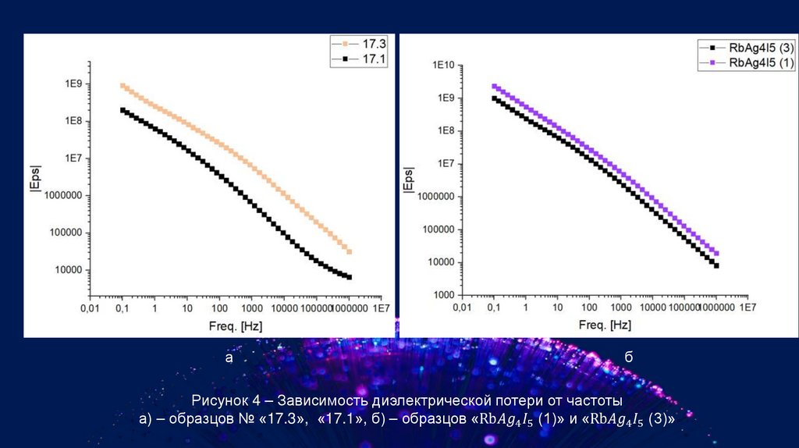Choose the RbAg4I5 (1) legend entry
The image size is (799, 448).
(x=761, y=63)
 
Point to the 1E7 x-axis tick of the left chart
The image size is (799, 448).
(x=380, y=308)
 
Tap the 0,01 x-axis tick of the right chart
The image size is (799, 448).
(x=462, y=308)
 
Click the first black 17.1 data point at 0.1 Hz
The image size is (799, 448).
(x=123, y=110)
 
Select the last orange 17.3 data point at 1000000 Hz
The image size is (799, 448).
(x=350, y=252)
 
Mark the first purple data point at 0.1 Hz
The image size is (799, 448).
(x=494, y=87)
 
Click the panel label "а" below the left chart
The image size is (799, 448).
(x=229, y=358)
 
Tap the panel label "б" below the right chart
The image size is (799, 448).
(x=628, y=357)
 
